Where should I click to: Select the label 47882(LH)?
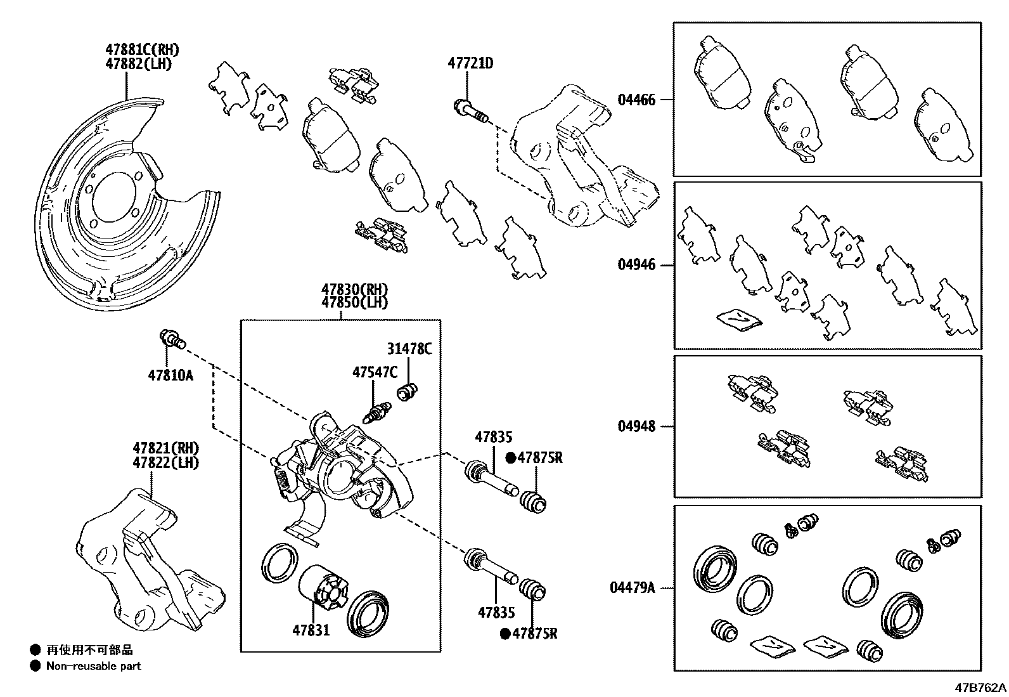[x=138, y=63]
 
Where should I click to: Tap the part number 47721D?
[x=470, y=63]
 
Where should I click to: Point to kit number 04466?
[x=636, y=100]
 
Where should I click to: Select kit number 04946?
[x=636, y=264]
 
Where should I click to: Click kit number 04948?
[x=636, y=426]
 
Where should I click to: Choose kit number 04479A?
[x=632, y=587]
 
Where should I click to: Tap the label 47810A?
[x=170, y=375]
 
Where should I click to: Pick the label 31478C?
[x=409, y=349]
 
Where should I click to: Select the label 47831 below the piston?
[x=311, y=630]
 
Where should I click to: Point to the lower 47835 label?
[x=496, y=612]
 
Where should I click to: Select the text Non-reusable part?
[x=93, y=666]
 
